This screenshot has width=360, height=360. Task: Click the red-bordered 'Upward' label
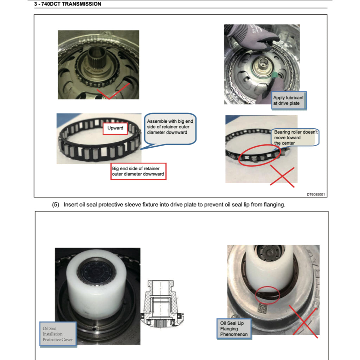coord(115,128)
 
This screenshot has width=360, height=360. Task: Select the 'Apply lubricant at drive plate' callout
coord(288,100)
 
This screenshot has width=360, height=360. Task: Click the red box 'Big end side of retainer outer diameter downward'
coord(138,171)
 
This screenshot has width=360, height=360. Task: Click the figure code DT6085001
coord(315,194)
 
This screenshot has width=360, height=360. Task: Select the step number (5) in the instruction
coord(56,205)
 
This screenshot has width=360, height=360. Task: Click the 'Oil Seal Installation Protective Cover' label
coord(58,334)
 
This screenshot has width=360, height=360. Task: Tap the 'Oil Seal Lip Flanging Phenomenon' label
coord(234,329)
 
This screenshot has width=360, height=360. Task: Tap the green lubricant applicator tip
coord(276,75)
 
